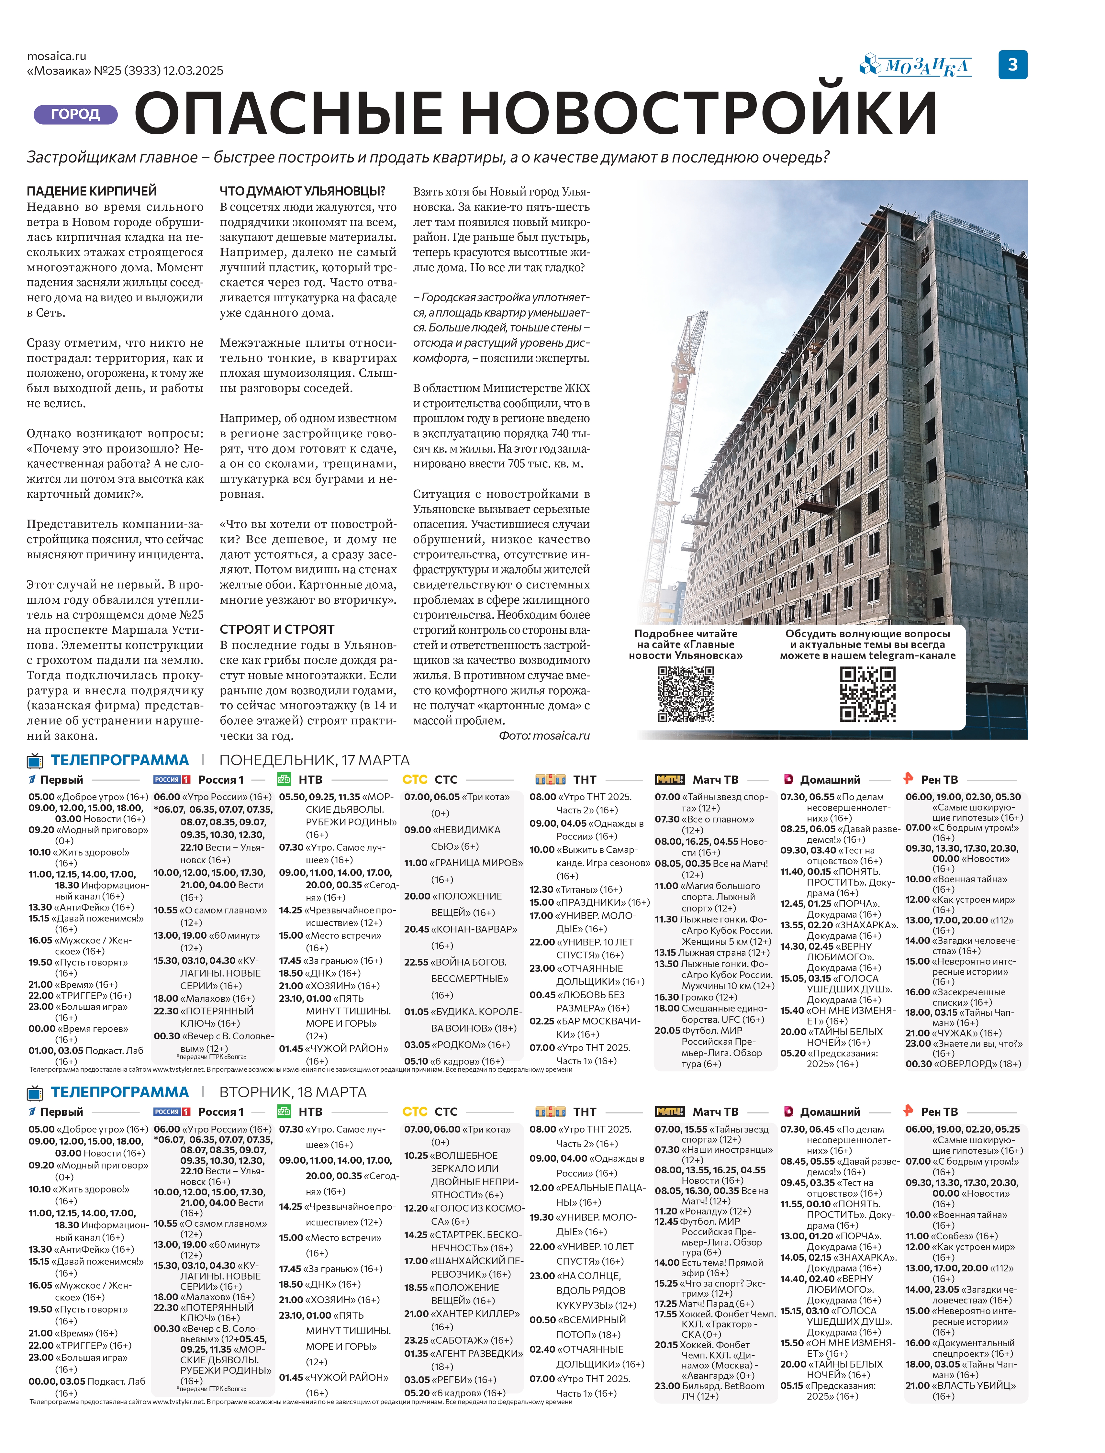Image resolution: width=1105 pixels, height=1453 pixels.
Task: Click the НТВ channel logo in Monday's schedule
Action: (284, 779)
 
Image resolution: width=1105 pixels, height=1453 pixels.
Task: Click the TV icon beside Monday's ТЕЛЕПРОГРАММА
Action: (35, 761)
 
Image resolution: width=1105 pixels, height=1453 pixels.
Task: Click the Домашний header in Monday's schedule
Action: (830, 779)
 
